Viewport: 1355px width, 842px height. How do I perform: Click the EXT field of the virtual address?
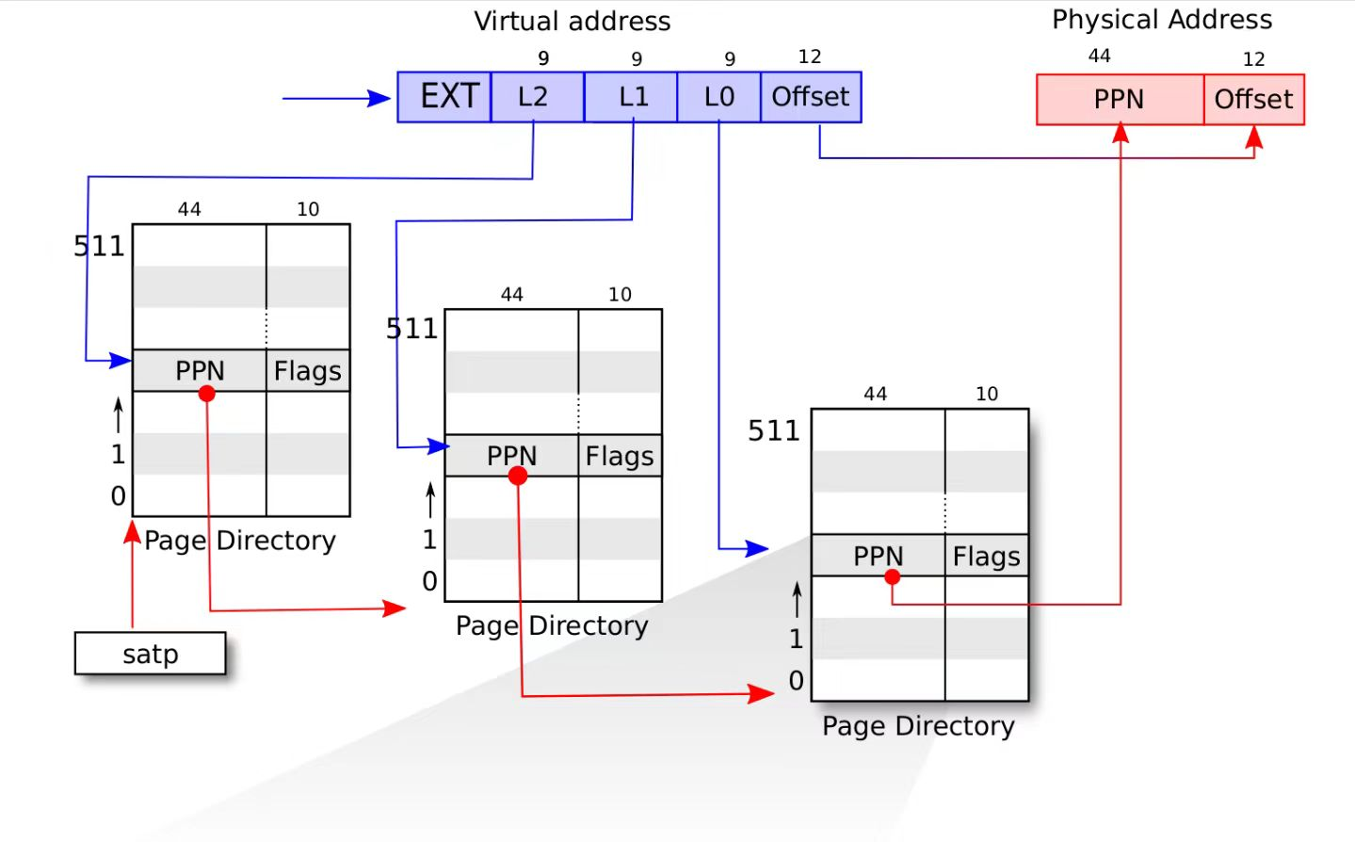[x=444, y=97]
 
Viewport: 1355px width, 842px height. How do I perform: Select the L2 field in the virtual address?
[x=538, y=97]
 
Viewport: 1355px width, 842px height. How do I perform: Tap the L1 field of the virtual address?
[x=631, y=97]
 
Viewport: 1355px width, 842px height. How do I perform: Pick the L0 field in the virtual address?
[x=719, y=97]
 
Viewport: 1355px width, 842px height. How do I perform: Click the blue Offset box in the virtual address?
[x=811, y=97]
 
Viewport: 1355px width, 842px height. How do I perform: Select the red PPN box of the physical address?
[x=1121, y=100]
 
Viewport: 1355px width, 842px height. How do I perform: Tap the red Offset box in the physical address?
[x=1254, y=100]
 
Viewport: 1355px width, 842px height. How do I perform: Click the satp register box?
[x=150, y=654]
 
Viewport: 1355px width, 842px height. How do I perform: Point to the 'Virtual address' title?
[x=573, y=21]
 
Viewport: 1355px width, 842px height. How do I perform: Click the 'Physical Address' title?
[x=1162, y=20]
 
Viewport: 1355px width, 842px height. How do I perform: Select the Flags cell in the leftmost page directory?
[x=308, y=370]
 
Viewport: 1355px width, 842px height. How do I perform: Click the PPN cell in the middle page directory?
[x=511, y=456]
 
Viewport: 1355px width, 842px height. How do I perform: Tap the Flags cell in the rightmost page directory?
[x=987, y=556]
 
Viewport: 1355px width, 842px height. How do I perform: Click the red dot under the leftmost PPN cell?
[x=207, y=394]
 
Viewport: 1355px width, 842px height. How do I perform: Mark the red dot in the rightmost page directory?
[x=893, y=577]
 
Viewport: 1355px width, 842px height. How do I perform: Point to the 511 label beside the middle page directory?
[x=411, y=329]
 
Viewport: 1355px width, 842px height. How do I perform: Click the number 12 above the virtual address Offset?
[x=810, y=57]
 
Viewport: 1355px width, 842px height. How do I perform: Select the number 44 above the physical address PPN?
[x=1099, y=56]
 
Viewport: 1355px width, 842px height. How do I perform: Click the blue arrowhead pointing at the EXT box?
[x=379, y=98]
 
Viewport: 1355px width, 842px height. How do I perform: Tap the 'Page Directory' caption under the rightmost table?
[x=918, y=726]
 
